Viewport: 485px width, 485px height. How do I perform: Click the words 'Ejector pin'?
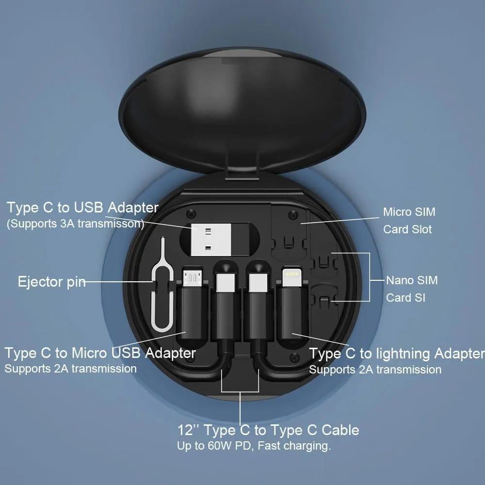click(51, 282)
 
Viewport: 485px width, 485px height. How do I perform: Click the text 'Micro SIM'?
click(409, 212)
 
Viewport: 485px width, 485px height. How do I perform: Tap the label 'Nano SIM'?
click(412, 280)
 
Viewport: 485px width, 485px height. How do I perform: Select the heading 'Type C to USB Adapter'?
click(82, 208)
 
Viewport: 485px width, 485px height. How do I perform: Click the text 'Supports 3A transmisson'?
click(75, 224)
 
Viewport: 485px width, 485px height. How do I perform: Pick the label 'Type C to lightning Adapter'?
click(397, 354)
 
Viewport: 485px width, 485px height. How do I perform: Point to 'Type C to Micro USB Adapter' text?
click(100, 353)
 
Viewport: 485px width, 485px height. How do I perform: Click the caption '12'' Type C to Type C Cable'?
click(268, 430)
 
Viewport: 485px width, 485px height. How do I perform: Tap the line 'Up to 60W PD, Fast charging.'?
click(254, 446)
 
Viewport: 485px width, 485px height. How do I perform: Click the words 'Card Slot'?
click(407, 229)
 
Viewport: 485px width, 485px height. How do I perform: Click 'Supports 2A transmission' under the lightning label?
click(375, 370)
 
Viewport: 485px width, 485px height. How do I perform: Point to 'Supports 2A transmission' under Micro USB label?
click(70, 369)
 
